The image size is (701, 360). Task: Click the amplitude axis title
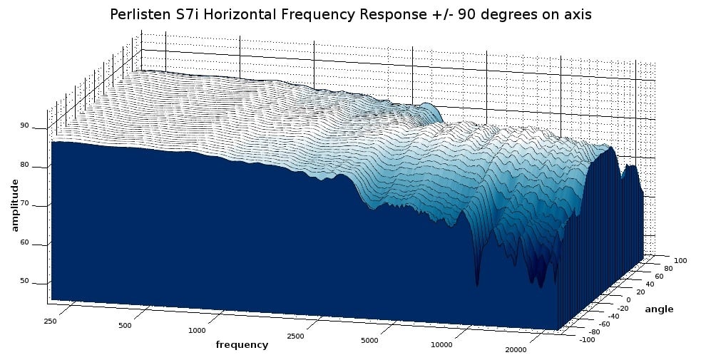point(15,205)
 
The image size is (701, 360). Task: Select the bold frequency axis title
point(242,345)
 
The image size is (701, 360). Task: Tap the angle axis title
point(659,309)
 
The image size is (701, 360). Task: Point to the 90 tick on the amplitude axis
point(24,126)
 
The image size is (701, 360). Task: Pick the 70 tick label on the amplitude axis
point(24,205)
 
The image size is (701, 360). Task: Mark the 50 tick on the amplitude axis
point(24,281)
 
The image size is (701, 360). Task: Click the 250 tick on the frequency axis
point(50,322)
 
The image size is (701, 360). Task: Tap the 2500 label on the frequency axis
point(294,336)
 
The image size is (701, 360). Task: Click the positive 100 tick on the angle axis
point(680,261)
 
